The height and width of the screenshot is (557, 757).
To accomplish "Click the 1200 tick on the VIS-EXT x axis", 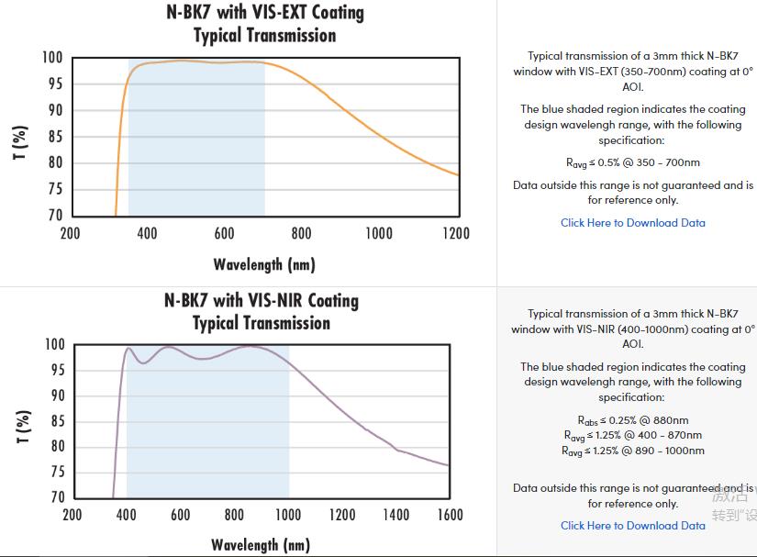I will (456, 234).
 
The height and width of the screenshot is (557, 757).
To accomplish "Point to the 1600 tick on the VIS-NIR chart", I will (450, 516).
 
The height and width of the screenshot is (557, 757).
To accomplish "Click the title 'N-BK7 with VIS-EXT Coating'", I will (264, 13).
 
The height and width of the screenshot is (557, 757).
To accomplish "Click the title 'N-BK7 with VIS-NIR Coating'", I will (262, 301).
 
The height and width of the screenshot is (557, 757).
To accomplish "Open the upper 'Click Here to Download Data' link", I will (633, 223).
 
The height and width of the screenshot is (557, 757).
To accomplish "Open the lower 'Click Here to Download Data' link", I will (633, 526).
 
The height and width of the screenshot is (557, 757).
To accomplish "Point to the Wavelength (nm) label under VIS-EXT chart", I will (264, 265).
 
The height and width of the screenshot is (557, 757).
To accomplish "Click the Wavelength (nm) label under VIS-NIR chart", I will (261, 545).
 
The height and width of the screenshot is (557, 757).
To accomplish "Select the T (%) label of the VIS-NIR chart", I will (20, 426).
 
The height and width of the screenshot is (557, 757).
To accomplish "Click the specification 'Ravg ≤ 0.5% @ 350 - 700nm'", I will (633, 163).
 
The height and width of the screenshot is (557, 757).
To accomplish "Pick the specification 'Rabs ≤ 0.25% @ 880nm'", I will (633, 420).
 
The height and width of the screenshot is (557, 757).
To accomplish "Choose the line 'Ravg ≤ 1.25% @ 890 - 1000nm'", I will (633, 451).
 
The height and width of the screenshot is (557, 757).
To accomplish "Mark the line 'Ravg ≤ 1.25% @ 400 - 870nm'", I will (633, 435).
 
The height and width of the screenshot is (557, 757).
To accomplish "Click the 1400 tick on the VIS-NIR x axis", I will (396, 516).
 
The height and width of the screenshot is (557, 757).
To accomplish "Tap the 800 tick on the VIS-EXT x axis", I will (301, 234).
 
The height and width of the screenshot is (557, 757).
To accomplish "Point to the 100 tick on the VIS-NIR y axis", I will (54, 345).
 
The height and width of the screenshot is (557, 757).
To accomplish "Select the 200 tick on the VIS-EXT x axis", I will (70, 234).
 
